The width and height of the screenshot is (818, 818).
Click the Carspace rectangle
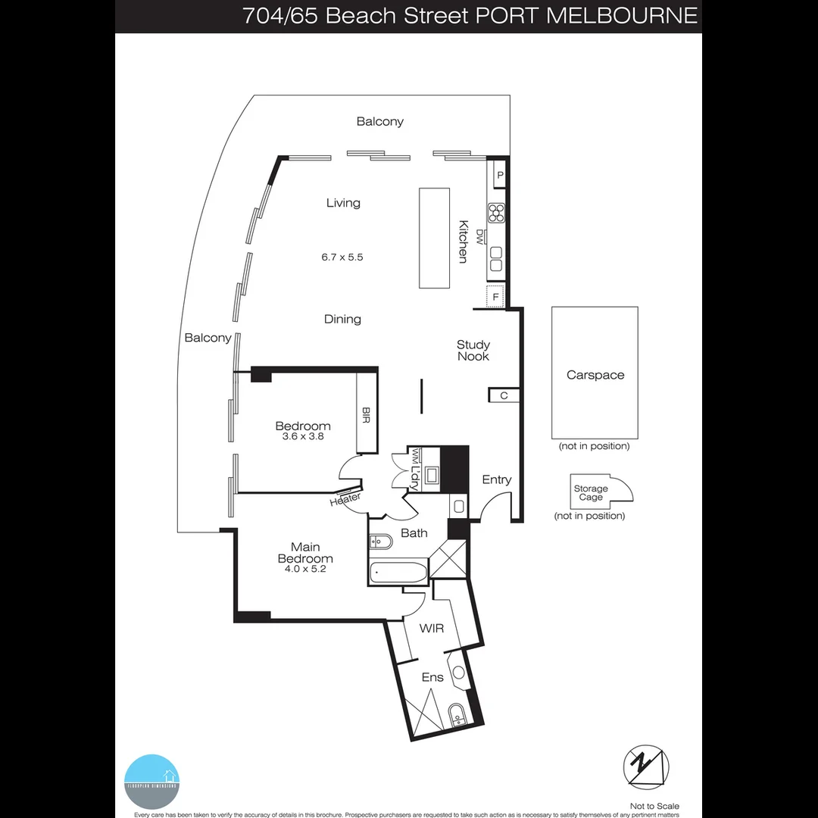pyautogui.click(x=595, y=373)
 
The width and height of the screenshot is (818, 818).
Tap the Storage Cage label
pyautogui.click(x=591, y=493)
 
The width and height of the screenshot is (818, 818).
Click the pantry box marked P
pyautogui.click(x=499, y=176)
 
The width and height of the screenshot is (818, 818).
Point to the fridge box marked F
pyautogui.click(x=495, y=297)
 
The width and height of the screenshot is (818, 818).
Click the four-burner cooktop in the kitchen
pyautogui.click(x=497, y=213)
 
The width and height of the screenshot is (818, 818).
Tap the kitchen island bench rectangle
pyautogui.click(x=435, y=238)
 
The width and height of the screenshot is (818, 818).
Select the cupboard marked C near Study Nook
pyautogui.click(x=504, y=395)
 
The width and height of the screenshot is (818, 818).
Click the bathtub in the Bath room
pyautogui.click(x=399, y=573)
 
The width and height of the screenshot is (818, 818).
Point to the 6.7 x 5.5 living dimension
pyautogui.click(x=342, y=257)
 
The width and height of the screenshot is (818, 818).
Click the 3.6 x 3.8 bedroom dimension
pyautogui.click(x=303, y=436)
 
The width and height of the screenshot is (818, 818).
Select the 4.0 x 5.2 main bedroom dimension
pyautogui.click(x=305, y=570)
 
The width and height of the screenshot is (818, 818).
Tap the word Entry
pyautogui.click(x=497, y=479)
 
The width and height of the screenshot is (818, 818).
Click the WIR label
pyautogui.click(x=432, y=629)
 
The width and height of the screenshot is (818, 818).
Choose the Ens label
pyautogui.click(x=432, y=677)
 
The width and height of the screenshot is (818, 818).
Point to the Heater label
pyautogui.click(x=345, y=498)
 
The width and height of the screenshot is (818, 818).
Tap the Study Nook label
pyautogui.click(x=473, y=350)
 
